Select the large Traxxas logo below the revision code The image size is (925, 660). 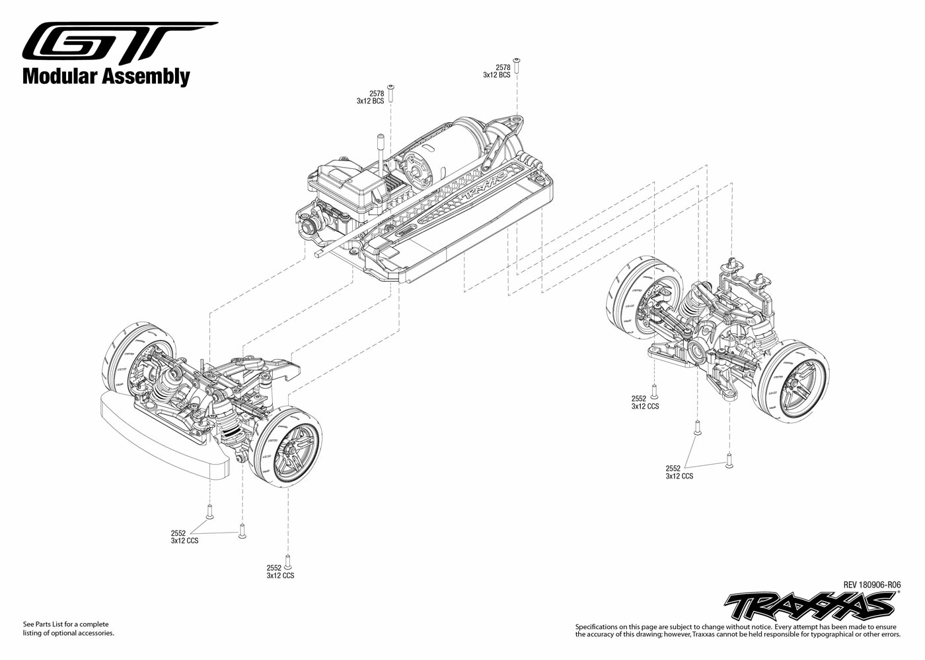[810, 604]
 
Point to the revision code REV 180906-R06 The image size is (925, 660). [871, 584]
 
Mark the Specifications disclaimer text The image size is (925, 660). [737, 630]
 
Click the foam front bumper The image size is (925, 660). [162, 436]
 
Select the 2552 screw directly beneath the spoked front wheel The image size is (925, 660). [288, 559]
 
